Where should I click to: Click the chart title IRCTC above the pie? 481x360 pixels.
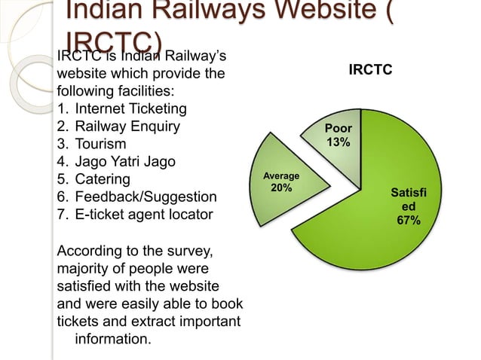(x=370, y=70)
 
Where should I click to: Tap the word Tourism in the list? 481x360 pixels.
(x=101, y=144)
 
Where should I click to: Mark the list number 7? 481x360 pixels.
(x=62, y=215)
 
